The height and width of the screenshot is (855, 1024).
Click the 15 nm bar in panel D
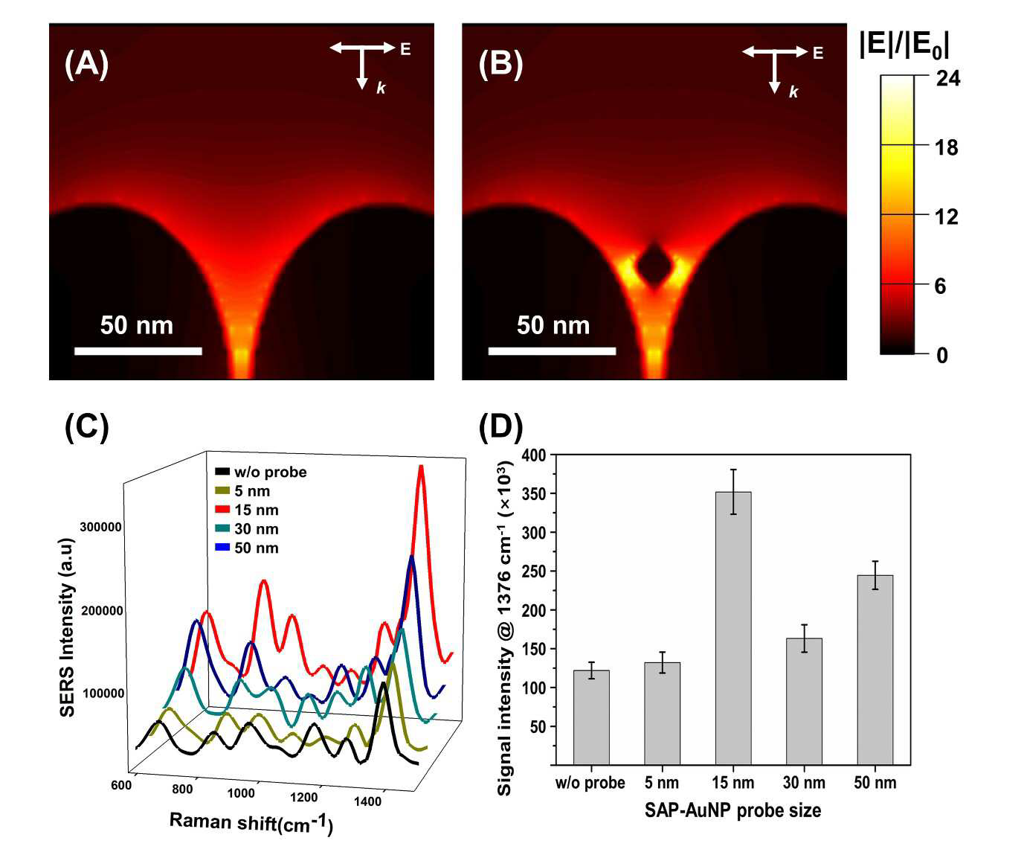(733, 628)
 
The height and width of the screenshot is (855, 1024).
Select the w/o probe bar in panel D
(591, 717)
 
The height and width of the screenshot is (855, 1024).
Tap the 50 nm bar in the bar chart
(875, 670)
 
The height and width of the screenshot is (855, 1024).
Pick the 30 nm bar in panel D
(805, 702)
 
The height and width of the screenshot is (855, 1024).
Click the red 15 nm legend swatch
(222, 510)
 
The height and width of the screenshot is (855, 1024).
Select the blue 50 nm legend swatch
(222, 548)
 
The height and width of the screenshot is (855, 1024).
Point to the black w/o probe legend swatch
(222, 472)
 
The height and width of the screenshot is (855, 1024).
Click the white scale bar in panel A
(138, 351)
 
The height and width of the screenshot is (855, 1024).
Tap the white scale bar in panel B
(553, 351)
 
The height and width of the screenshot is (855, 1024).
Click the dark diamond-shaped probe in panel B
(654, 266)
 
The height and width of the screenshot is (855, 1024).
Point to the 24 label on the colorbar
(948, 78)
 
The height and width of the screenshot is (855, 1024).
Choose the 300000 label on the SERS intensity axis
(100, 527)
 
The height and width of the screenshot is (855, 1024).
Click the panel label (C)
(86, 427)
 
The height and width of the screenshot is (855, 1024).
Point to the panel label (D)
(500, 427)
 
